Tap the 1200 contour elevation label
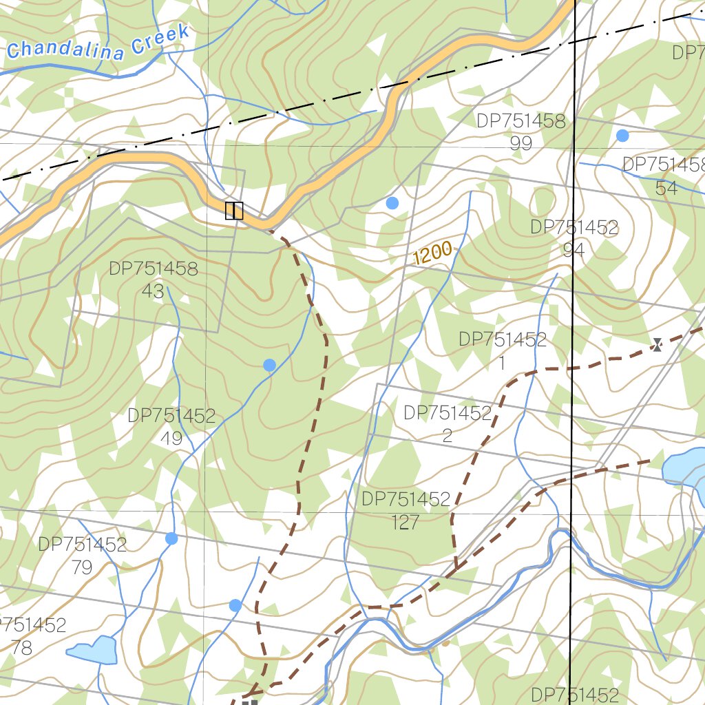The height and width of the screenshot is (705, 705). (x=433, y=254)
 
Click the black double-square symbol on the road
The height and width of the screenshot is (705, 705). (x=234, y=210)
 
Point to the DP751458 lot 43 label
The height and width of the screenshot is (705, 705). (x=153, y=280)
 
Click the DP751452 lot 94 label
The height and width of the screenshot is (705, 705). (x=574, y=238)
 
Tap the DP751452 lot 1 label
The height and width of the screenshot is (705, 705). (x=503, y=350)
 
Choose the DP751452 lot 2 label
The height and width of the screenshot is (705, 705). (x=448, y=423)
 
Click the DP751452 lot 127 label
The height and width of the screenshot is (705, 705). (x=406, y=510)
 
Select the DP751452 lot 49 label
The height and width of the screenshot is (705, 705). (x=171, y=426)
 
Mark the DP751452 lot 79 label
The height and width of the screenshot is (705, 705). (x=82, y=556)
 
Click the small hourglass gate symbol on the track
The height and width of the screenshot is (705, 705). (x=657, y=344)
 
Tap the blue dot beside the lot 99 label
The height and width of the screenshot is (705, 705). (x=622, y=136)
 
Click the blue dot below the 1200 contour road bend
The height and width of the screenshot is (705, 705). (x=392, y=203)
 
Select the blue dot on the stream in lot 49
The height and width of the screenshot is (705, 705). (x=270, y=365)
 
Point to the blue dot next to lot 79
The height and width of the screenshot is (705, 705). (x=171, y=538)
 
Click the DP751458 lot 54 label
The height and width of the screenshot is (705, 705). (x=664, y=176)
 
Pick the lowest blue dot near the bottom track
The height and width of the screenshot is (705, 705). (x=235, y=605)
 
